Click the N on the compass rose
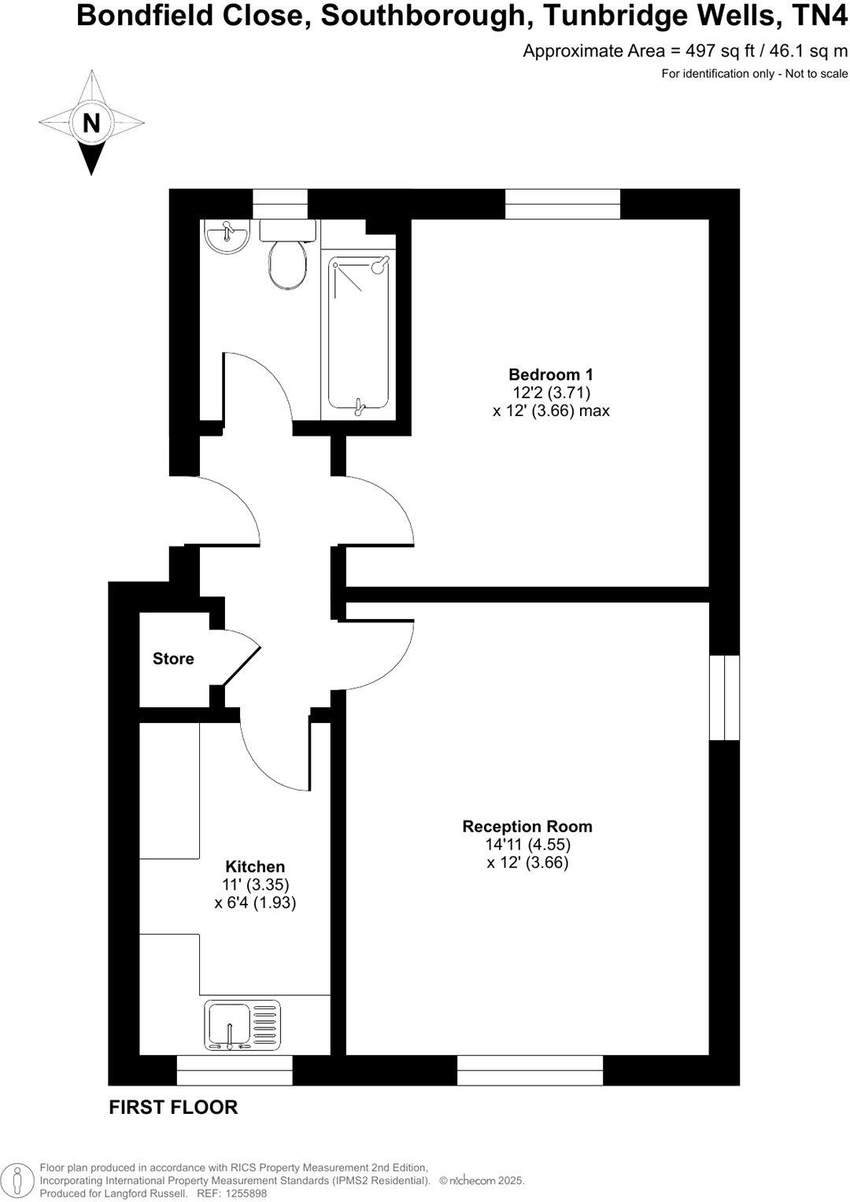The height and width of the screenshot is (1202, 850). [x=92, y=123]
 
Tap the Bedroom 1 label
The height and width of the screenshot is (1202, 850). [x=551, y=374]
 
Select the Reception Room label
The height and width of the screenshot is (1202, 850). [x=527, y=827]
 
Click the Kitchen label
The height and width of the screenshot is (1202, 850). [x=255, y=867]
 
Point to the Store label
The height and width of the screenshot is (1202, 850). [x=173, y=658]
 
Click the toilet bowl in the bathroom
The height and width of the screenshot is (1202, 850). [x=287, y=264]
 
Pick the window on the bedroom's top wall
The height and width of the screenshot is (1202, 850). [x=562, y=204]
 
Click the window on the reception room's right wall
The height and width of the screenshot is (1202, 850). [x=724, y=698]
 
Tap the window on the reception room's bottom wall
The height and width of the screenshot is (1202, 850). [x=530, y=1070]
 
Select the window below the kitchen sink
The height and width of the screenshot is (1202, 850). [x=234, y=1070]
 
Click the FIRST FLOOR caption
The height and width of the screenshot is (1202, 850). [x=173, y=1107]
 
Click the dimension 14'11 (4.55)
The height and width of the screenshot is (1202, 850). [x=527, y=845]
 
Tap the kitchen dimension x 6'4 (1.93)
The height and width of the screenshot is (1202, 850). [x=255, y=903]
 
